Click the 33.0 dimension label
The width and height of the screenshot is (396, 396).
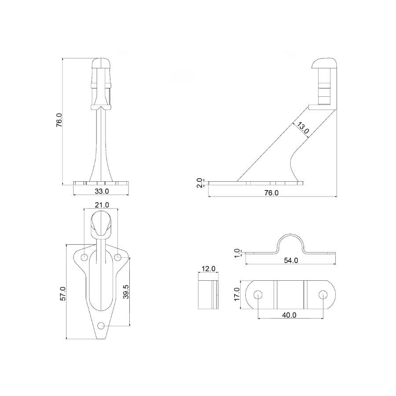pyautogui.click(x=101, y=191)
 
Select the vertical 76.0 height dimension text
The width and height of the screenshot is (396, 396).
pyautogui.click(x=59, y=120)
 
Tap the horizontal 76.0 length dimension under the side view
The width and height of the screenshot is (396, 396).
pyautogui.click(x=271, y=193)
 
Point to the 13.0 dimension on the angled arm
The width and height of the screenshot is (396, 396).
pyautogui.click(x=302, y=128)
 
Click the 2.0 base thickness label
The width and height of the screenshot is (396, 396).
pyautogui.click(x=199, y=183)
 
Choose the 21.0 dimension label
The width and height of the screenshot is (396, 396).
pyautogui.click(x=101, y=205)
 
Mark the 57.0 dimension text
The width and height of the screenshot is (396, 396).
pyautogui.click(x=62, y=293)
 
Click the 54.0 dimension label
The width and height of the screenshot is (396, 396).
pyautogui.click(x=291, y=260)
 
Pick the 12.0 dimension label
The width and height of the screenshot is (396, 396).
pyautogui.click(x=208, y=268)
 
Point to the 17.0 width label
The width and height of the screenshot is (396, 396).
pyautogui.click(x=237, y=294)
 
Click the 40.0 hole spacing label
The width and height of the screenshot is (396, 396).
pyautogui.click(x=289, y=315)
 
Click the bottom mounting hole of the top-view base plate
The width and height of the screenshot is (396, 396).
pyautogui.click(x=102, y=326)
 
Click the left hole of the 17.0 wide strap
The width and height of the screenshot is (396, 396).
pyautogui.click(x=258, y=294)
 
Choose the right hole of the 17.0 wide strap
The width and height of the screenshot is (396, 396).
pyautogui.click(x=323, y=294)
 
